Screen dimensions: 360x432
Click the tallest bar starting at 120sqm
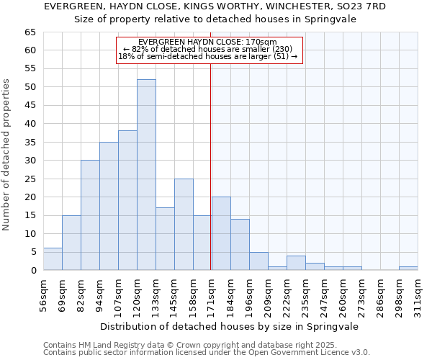click(146, 175)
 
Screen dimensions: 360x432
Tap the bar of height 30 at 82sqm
click(90, 215)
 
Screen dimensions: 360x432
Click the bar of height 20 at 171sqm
click(221, 234)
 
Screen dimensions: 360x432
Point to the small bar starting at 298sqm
click(408, 269)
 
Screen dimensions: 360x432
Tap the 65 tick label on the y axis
click(30, 32)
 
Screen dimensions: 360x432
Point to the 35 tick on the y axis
click(30, 143)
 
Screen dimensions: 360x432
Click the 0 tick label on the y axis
click(32, 271)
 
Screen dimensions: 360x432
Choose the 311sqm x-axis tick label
click(418, 294)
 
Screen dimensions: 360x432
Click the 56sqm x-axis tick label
click(43, 294)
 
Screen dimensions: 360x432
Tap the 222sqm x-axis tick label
click(287, 294)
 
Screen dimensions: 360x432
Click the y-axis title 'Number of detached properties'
click(7, 155)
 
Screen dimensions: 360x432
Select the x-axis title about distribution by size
click(230, 326)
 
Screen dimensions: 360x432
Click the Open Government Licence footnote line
click(207, 352)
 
